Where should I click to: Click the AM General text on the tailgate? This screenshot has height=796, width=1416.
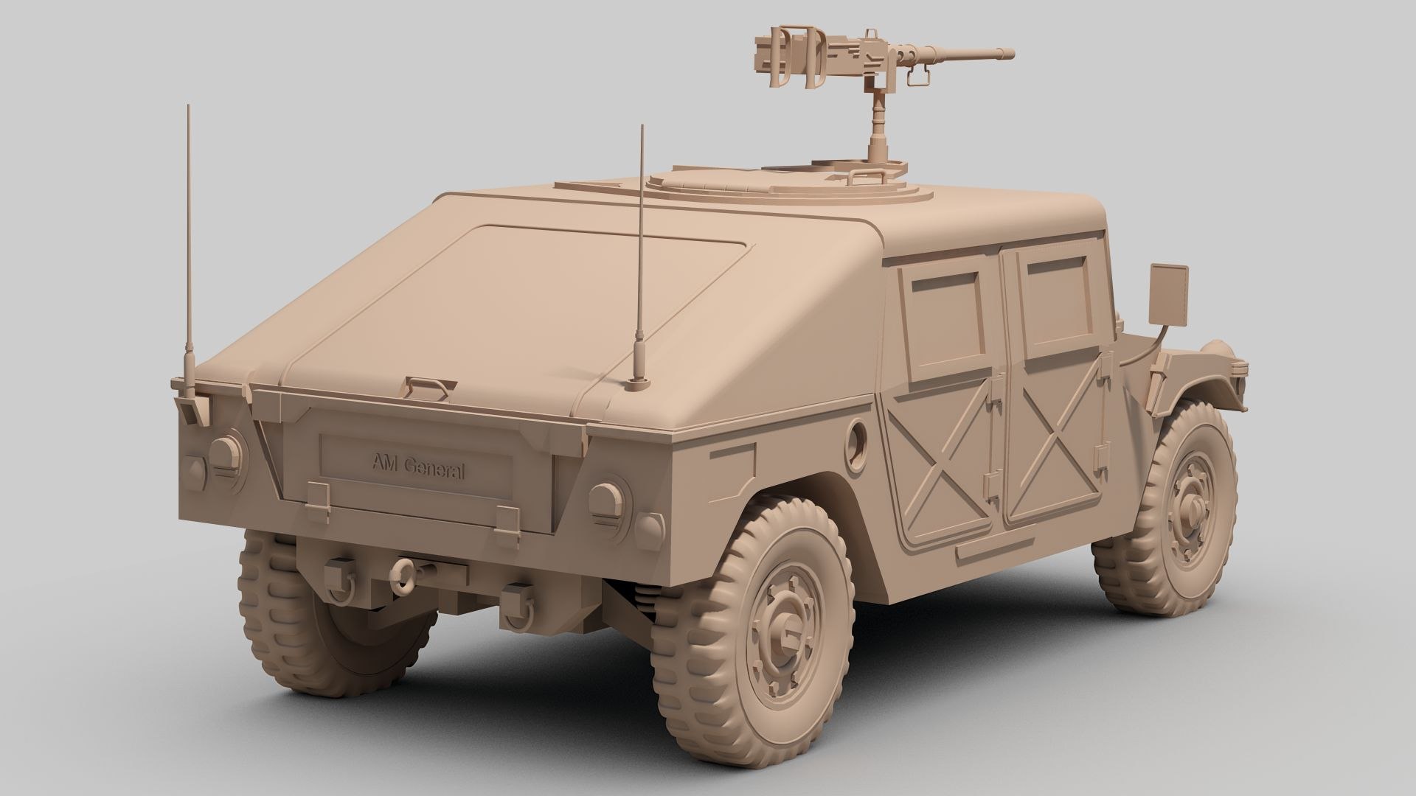[417, 467]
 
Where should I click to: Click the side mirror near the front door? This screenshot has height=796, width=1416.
[1169, 294]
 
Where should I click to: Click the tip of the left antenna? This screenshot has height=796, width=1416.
[188, 107]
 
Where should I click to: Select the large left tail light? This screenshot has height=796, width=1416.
[226, 450]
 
